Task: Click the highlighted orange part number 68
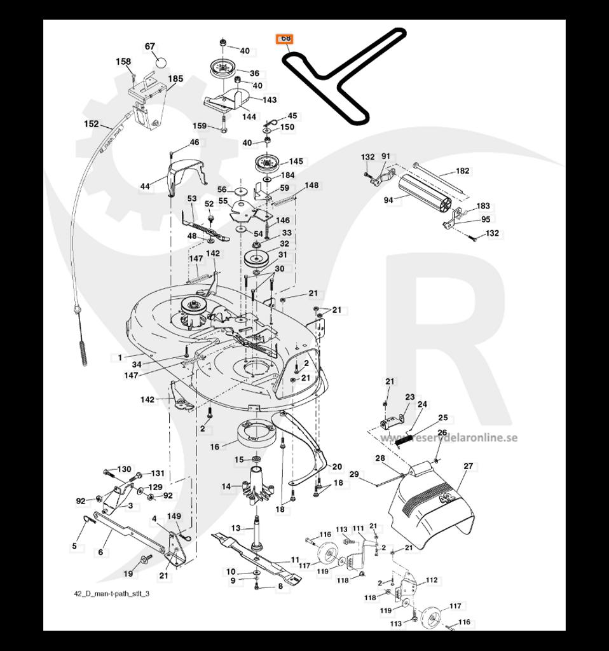[x=285, y=39]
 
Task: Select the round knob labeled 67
[x=161, y=62]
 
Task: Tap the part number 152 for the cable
[x=92, y=124]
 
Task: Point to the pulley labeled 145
[x=269, y=163]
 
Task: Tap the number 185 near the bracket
[x=175, y=79]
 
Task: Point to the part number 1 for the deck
[x=120, y=358]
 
